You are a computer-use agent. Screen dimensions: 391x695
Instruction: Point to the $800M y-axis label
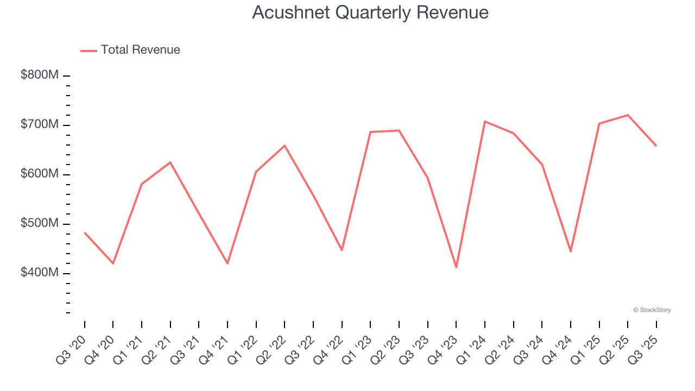[39, 75]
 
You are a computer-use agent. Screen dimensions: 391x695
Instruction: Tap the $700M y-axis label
[39, 125]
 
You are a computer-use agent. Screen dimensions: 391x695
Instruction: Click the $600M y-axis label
[39, 174]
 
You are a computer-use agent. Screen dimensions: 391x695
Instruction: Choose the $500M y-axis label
[39, 224]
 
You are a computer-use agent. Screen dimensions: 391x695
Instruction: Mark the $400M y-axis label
[39, 273]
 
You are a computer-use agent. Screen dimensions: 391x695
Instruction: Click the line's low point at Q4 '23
[456, 267]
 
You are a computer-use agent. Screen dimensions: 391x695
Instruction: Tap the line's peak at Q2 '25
[628, 115]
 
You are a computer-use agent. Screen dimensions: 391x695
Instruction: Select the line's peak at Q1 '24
[485, 122]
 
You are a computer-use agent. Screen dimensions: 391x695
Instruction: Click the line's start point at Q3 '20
[85, 232]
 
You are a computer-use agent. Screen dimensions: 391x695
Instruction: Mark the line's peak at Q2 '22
[285, 146]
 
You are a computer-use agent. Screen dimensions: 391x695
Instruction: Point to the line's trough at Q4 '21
[228, 263]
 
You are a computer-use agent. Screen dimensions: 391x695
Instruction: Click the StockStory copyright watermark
[652, 310]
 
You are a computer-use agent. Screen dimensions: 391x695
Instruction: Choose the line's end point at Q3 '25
[656, 146]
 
